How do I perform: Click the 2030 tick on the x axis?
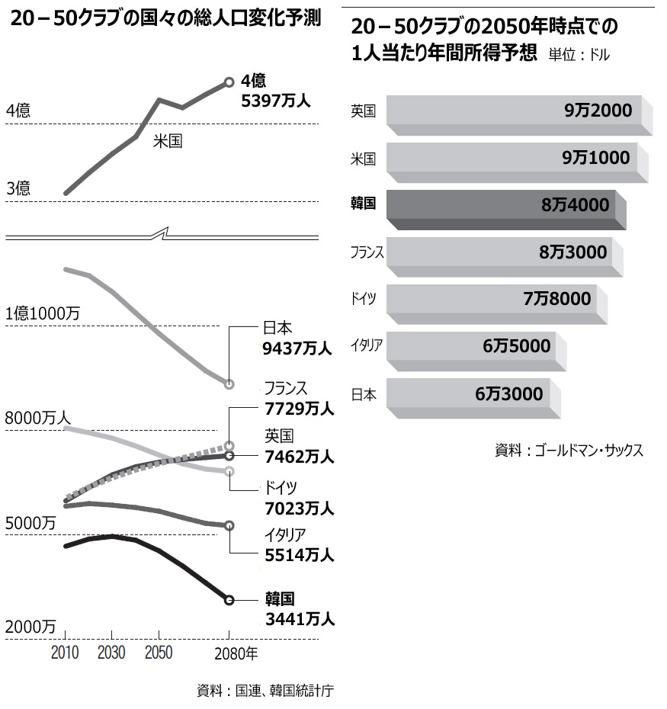pyautogui.click(x=112, y=653)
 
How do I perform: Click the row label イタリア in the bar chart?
pyautogui.click(x=367, y=345)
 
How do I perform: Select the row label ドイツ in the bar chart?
pyautogui.click(x=364, y=298)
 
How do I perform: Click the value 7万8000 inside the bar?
pyautogui.click(x=556, y=299)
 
